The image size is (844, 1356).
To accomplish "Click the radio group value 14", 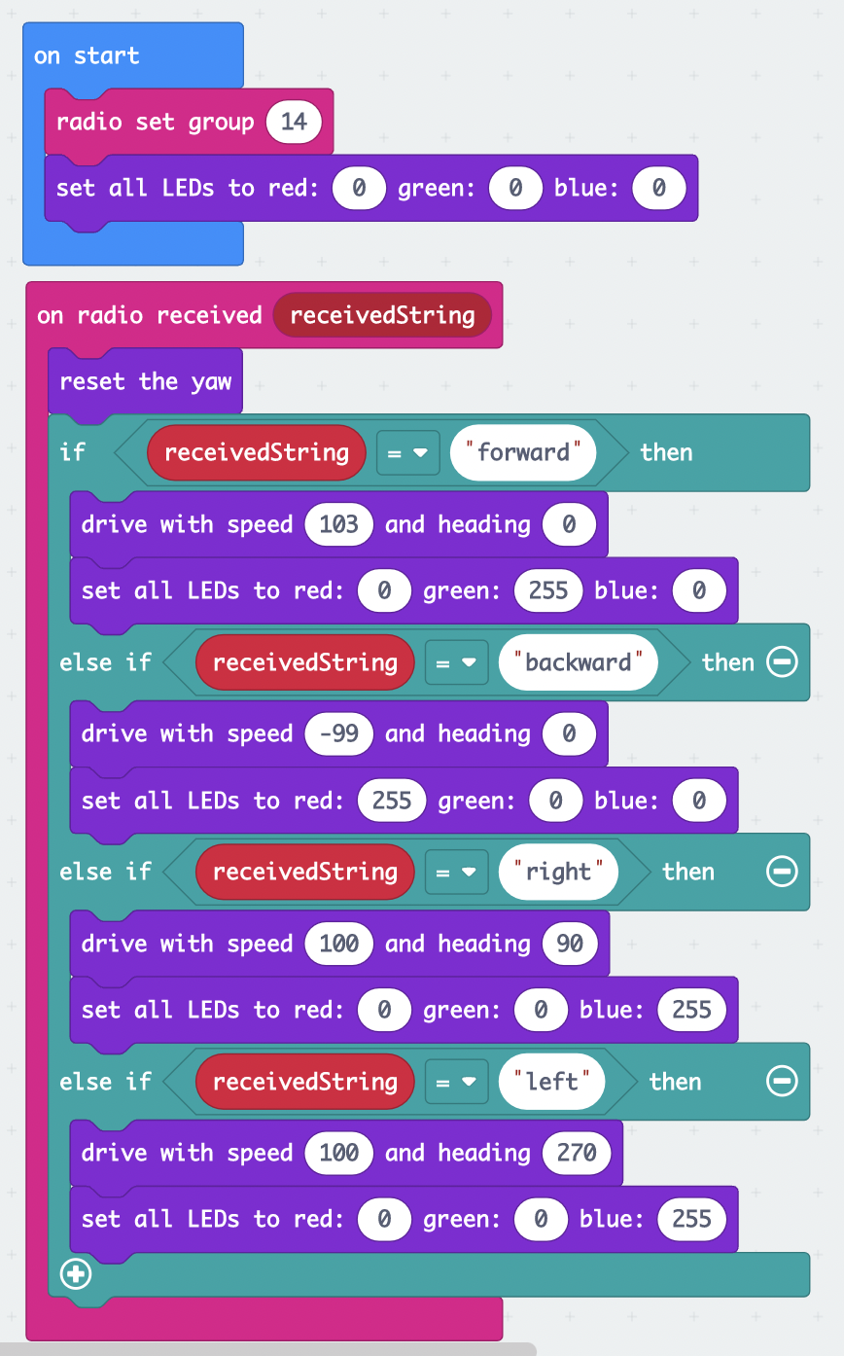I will [x=294, y=122].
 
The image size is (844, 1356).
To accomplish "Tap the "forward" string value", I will [x=522, y=452].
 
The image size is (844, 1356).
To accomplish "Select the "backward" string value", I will [x=578, y=662].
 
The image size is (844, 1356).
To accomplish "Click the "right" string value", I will [x=558, y=872].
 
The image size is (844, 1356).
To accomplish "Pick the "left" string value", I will [x=551, y=1082].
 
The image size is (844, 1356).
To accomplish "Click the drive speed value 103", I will [x=338, y=524].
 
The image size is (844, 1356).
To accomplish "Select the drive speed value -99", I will [x=338, y=733].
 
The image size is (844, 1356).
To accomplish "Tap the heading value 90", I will [x=570, y=944].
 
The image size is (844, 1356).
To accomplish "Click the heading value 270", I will [x=577, y=1153].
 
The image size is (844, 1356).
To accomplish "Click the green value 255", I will [x=548, y=590].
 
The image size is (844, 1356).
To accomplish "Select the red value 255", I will [x=392, y=801].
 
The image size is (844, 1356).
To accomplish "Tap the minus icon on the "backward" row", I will [x=782, y=662].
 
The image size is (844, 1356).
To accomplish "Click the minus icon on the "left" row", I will [x=782, y=1082].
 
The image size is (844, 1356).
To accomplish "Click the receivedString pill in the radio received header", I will [x=382, y=315].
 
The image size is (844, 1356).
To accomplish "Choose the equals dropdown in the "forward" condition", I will [x=408, y=452].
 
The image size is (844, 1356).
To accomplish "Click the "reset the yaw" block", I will [x=145, y=381].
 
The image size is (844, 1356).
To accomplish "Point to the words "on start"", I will [x=87, y=55].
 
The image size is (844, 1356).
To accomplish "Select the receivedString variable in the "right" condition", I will [x=305, y=872].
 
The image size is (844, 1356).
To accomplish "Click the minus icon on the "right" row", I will [x=782, y=872].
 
